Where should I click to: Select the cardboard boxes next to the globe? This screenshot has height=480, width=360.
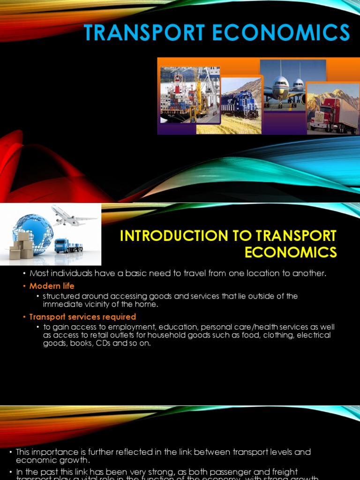tap(22, 247)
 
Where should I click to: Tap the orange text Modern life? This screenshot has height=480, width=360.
tap(52, 286)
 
